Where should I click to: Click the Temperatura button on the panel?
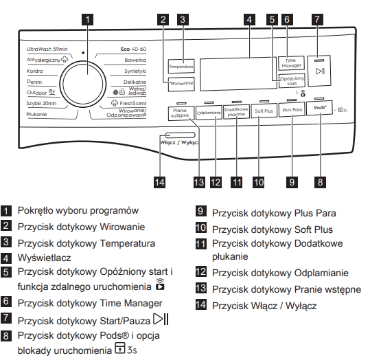(x=181, y=67)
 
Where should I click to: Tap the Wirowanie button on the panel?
(x=181, y=84)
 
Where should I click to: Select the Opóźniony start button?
(x=292, y=81)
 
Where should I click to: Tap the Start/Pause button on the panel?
(x=319, y=71)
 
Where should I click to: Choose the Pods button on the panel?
(x=319, y=108)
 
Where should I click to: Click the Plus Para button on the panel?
(x=292, y=110)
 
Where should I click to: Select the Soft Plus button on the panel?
(x=264, y=111)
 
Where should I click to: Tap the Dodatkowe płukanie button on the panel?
(x=236, y=112)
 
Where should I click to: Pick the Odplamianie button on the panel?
(x=209, y=113)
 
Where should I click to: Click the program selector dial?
(x=83, y=84)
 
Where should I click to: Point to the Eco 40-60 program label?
(x=133, y=49)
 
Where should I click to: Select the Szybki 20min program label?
(x=41, y=103)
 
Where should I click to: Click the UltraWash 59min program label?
(x=47, y=49)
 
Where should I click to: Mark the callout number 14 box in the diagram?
(x=159, y=182)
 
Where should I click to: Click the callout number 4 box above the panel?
(x=249, y=19)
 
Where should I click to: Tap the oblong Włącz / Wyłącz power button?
(x=181, y=135)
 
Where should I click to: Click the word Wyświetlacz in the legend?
(x=45, y=258)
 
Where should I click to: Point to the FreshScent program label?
(x=133, y=103)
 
